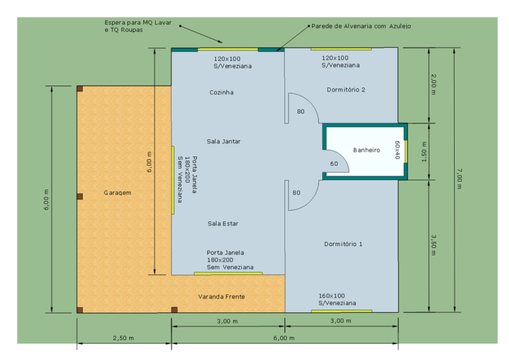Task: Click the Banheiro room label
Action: pos(367,150)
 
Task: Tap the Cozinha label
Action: pos(221,93)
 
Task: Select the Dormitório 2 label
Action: pos(346,90)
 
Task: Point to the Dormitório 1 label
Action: pos(343,244)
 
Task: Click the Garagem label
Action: pos(117,193)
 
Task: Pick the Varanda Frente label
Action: pos(221,296)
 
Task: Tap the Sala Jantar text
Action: pos(223,141)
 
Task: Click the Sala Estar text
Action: pos(223,223)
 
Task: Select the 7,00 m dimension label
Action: pos(459,178)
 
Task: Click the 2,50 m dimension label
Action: pos(123,338)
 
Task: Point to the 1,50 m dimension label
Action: pos(424,152)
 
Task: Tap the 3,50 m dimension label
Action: pos(433,245)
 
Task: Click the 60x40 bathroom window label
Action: pos(397,150)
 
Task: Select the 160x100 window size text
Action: pos(331,296)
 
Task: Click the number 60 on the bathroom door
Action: pos(334,164)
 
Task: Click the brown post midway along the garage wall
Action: pos(80,196)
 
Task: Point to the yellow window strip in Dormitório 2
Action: pos(341,49)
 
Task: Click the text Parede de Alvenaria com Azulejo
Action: pos(361,27)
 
